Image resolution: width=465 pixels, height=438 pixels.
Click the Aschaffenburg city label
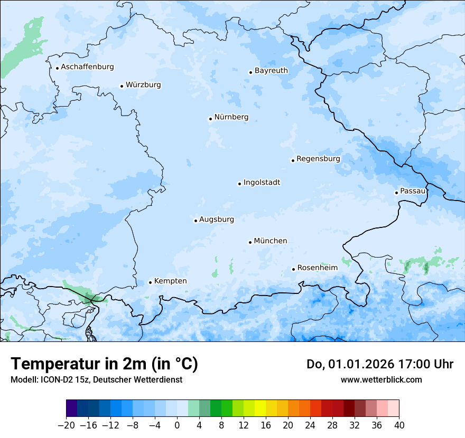pos(87,67)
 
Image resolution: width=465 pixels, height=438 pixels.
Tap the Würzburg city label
pos(143,85)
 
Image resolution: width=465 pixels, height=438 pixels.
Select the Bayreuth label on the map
pos(271,71)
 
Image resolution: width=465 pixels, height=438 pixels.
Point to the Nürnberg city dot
pos(210,119)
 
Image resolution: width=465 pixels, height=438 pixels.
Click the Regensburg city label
pos(318,159)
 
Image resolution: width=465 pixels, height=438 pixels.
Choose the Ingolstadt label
pos(262,183)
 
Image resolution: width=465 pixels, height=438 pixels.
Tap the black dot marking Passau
pos(396,193)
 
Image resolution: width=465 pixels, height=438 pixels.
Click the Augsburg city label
pos(216,220)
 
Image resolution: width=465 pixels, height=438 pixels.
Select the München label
pos(270,241)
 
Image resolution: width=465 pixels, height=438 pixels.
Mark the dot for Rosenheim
pos(294,269)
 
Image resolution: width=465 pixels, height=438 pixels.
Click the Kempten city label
pos(170,281)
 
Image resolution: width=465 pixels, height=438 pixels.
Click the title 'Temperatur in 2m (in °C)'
pos(104,364)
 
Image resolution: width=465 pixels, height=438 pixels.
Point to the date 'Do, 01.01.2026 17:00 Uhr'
pos(379,364)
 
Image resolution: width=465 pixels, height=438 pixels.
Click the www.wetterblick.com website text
pos(381,379)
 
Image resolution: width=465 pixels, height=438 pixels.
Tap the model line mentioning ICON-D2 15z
pos(96,379)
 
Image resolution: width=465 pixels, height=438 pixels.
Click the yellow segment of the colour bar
pos(260,408)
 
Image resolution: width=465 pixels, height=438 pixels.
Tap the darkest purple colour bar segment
pos(72,408)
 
